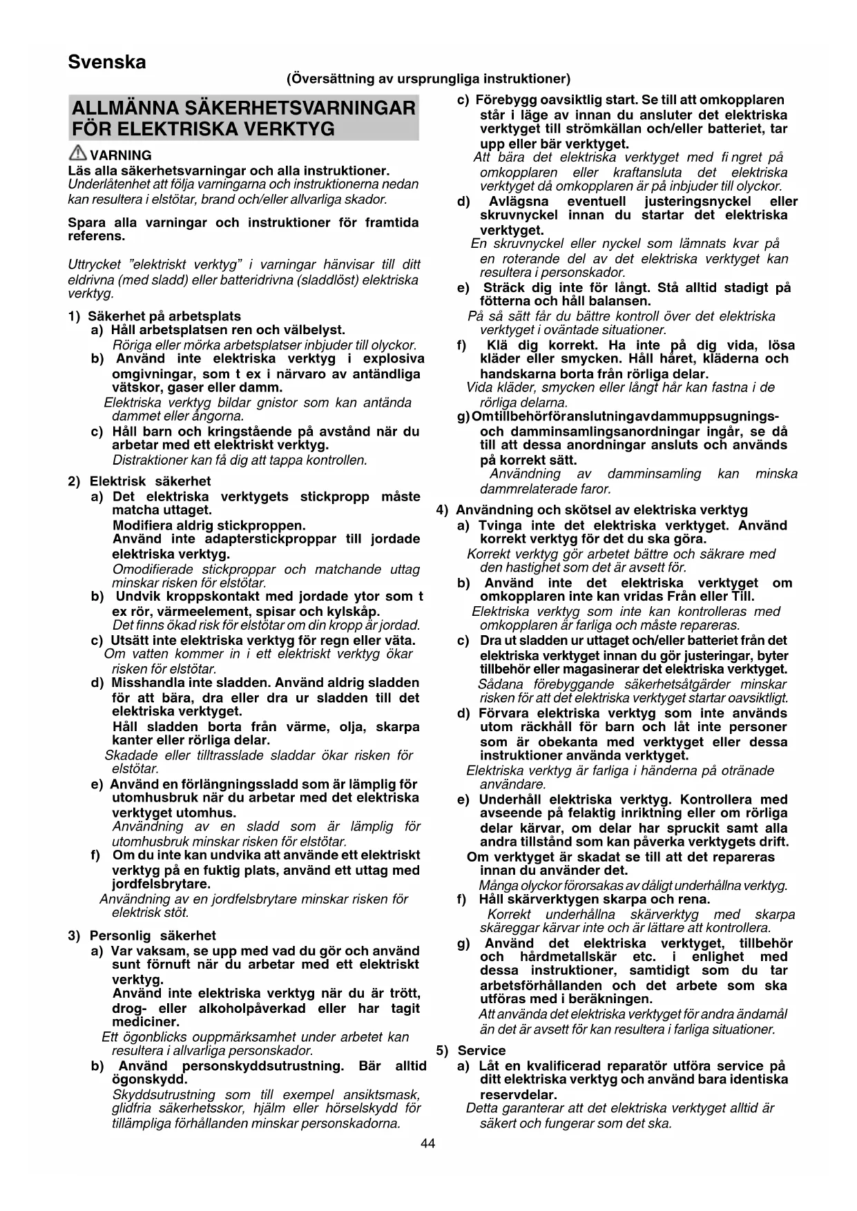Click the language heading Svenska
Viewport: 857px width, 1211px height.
coord(107,63)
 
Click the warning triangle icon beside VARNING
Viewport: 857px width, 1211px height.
coord(77,155)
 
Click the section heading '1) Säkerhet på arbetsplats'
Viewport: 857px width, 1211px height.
coord(155,316)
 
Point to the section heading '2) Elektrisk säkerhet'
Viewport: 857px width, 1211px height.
coord(139,481)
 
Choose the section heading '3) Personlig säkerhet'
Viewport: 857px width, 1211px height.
coord(142,936)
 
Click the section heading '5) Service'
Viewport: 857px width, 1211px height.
coord(461,1050)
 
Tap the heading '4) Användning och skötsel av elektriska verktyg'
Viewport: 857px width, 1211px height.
coord(592,510)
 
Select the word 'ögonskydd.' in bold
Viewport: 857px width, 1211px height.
coord(149,1079)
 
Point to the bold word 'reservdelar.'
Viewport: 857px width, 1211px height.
coord(518,1094)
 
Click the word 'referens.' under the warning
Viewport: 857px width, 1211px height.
coord(97,236)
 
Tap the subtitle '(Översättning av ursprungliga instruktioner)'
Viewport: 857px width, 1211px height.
coord(428,79)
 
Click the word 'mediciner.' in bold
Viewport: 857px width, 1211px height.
coord(146,1022)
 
